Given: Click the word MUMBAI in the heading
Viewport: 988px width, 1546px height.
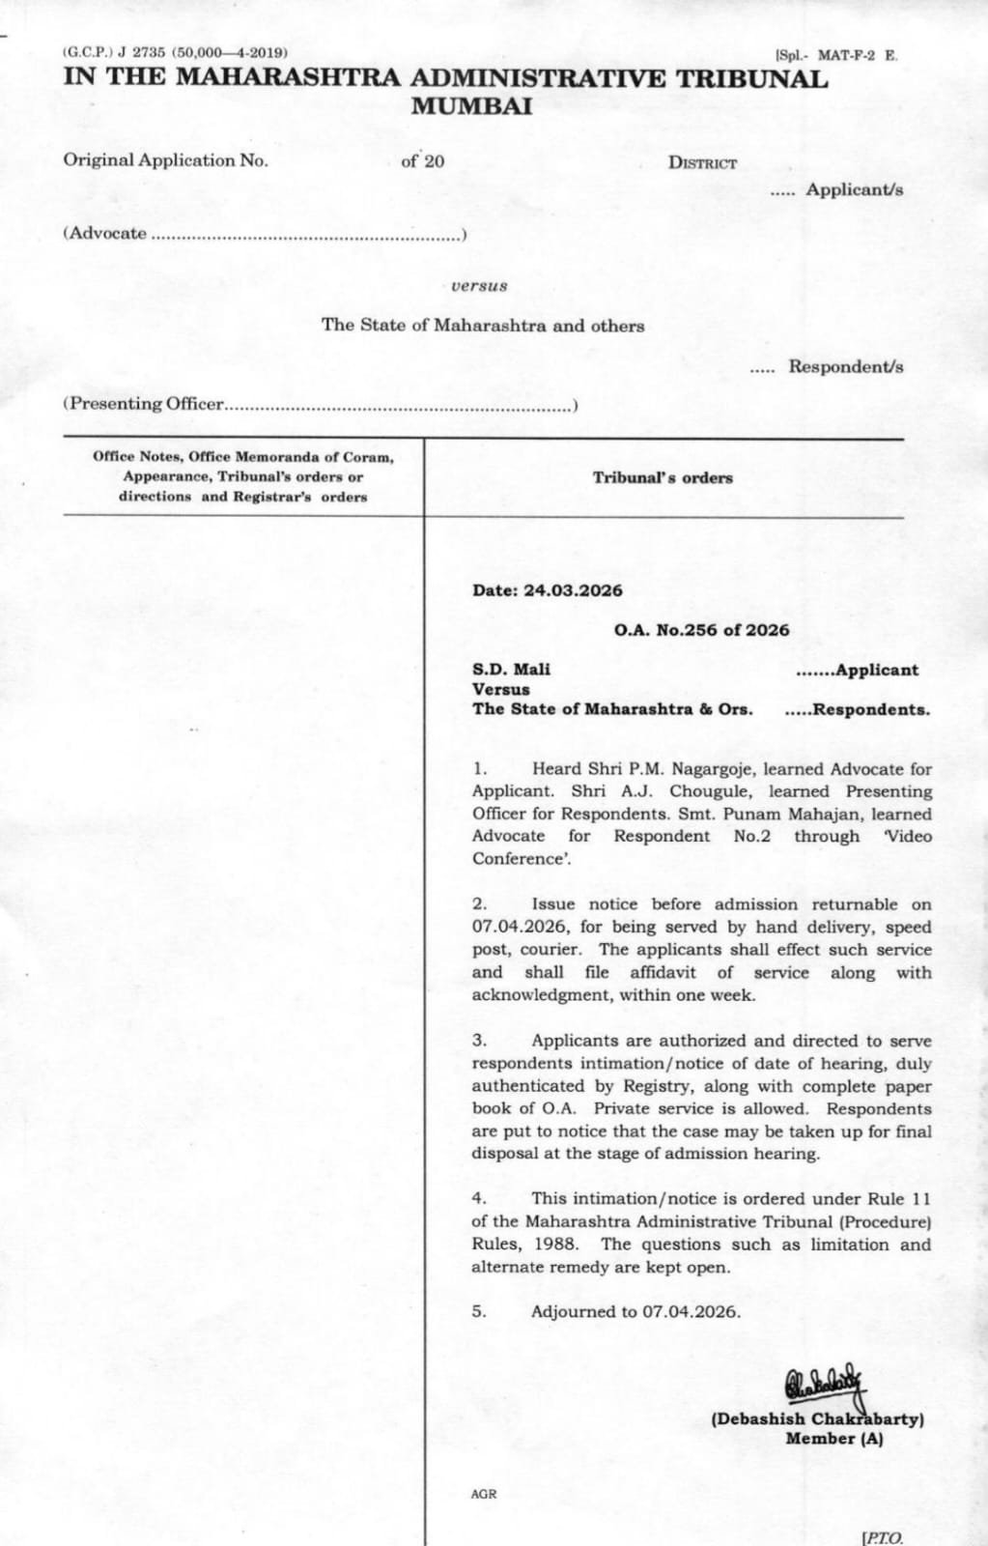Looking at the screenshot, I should (471, 106).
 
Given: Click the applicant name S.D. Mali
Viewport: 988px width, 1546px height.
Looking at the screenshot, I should (511, 669).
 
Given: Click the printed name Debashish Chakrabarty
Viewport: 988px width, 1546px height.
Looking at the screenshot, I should (817, 1419).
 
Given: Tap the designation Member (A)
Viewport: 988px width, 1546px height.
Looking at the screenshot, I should (833, 1439).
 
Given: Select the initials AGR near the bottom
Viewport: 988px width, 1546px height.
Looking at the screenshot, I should (484, 1494).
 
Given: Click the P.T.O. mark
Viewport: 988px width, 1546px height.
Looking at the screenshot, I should (882, 1537).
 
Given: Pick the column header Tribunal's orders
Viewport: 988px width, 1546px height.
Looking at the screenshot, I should (663, 477).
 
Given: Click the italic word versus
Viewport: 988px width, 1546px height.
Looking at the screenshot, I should (479, 286).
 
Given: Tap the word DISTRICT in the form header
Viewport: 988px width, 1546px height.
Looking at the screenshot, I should (702, 163).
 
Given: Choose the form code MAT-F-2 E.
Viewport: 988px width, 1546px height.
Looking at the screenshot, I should (857, 55).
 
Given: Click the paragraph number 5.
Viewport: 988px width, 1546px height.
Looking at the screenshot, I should (479, 1311).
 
